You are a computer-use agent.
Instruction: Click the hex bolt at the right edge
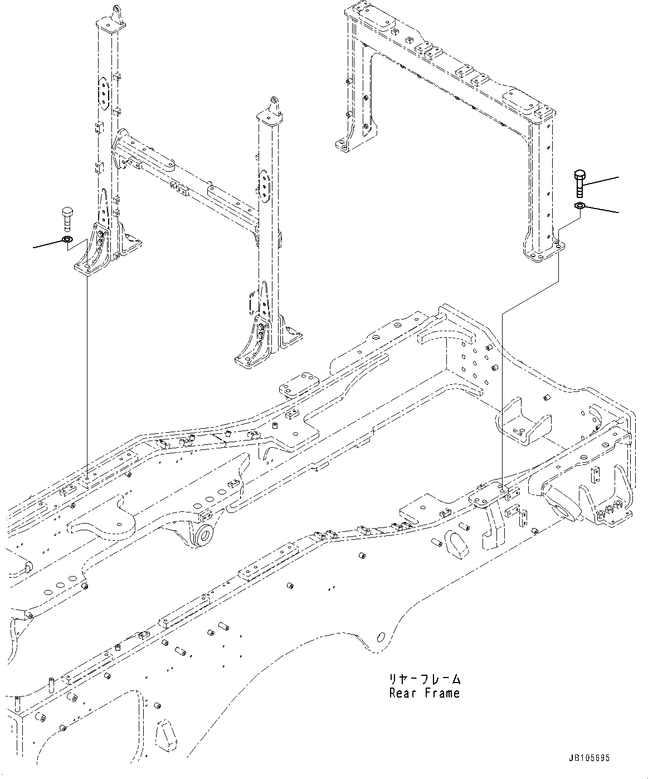point(579,183)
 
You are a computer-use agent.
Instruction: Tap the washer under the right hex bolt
point(579,207)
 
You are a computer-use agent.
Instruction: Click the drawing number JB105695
point(589,758)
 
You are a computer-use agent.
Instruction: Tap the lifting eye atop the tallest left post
point(116,12)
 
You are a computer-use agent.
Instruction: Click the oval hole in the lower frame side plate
point(381,636)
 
